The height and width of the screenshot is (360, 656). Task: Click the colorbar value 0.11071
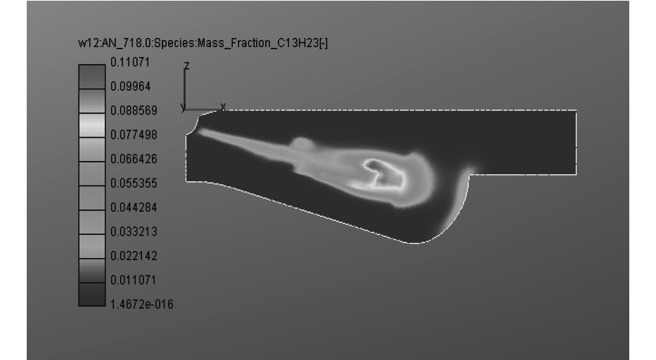pos(129,63)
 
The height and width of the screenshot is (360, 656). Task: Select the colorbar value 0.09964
pos(130,86)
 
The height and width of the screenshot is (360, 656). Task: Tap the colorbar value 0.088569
pos(134,111)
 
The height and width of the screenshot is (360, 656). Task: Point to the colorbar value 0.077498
pos(134,135)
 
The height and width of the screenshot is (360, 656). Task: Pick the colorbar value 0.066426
pos(134,159)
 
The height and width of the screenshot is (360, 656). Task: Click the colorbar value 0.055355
pos(134,184)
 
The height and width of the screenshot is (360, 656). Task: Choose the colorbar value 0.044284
pos(134,207)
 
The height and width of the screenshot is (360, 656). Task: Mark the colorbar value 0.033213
pos(134,232)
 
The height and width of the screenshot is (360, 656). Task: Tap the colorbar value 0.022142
pos(134,256)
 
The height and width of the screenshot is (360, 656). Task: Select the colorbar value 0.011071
pos(133,280)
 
